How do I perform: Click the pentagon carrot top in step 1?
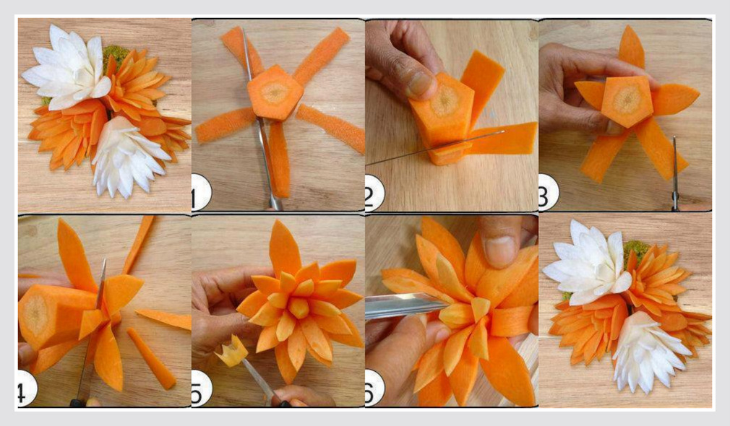[x=274, y=92]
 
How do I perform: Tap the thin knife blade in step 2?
[x=435, y=148]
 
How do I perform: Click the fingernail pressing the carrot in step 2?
[x=418, y=84]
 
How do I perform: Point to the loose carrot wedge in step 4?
[x=152, y=359]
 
